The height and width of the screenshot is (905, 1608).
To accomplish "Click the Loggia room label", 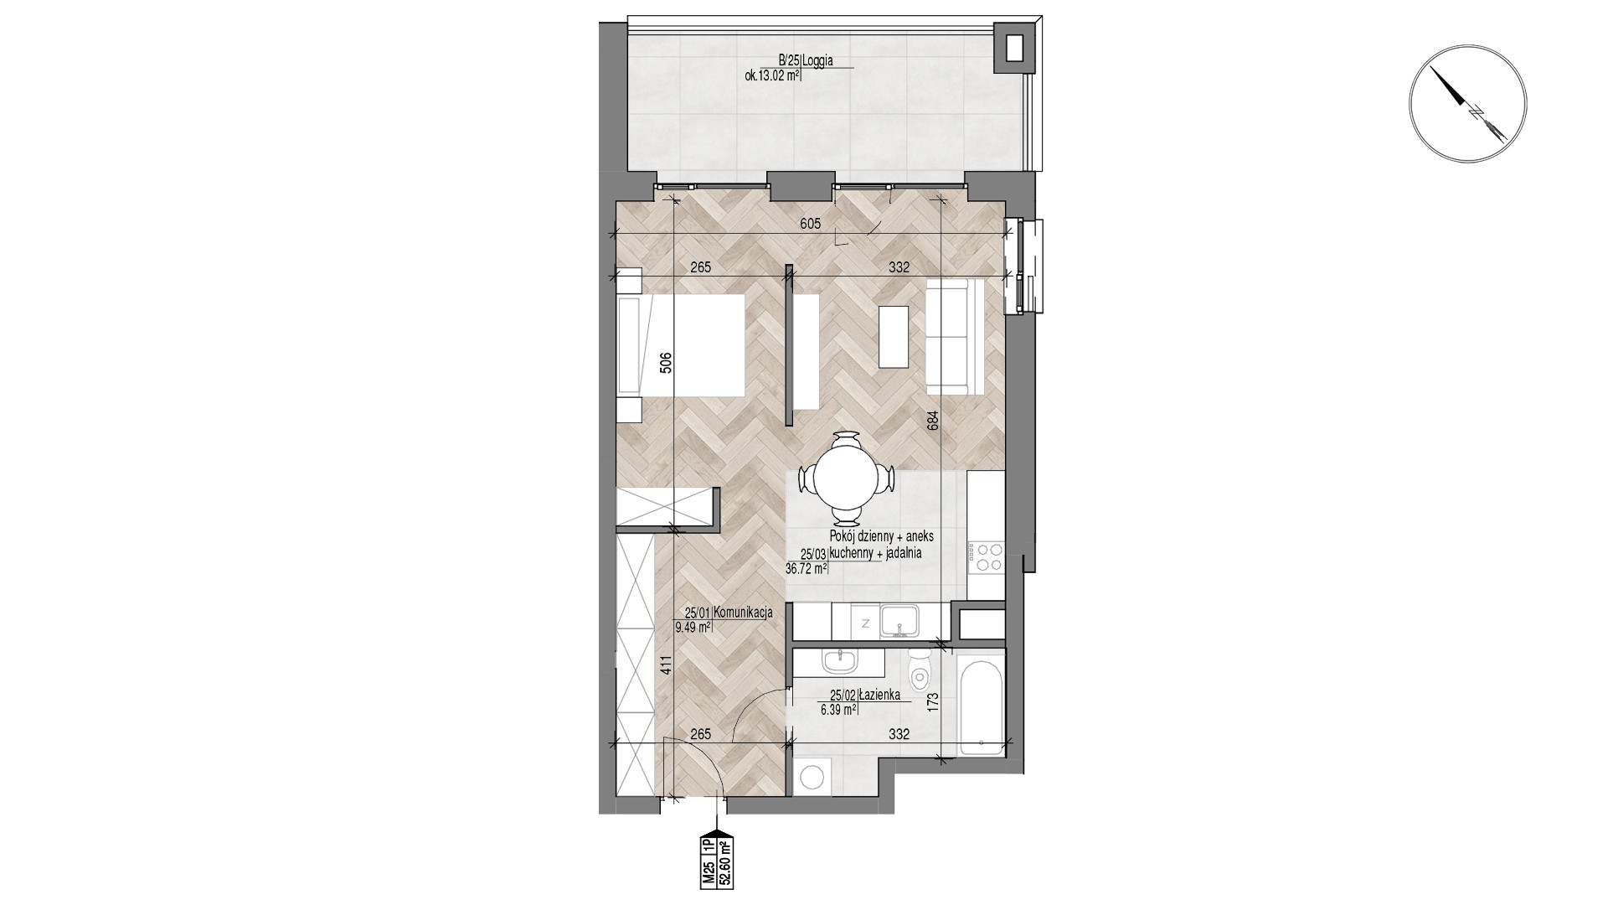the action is coord(817,60).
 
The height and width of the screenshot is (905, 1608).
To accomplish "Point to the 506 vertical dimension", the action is coord(665,362).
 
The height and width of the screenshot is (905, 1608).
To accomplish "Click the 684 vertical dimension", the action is coord(932,419).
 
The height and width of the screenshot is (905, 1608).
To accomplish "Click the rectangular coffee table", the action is coord(893,337).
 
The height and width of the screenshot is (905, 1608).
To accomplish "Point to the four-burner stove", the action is coord(985,558).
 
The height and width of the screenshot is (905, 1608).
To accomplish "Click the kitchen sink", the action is coord(900,621).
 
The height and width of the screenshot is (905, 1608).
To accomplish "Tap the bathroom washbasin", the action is coord(840,661).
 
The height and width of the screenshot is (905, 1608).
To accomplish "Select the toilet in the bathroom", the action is coord(919,667).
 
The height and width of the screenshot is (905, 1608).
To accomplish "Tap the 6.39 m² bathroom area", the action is coord(837,709).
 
